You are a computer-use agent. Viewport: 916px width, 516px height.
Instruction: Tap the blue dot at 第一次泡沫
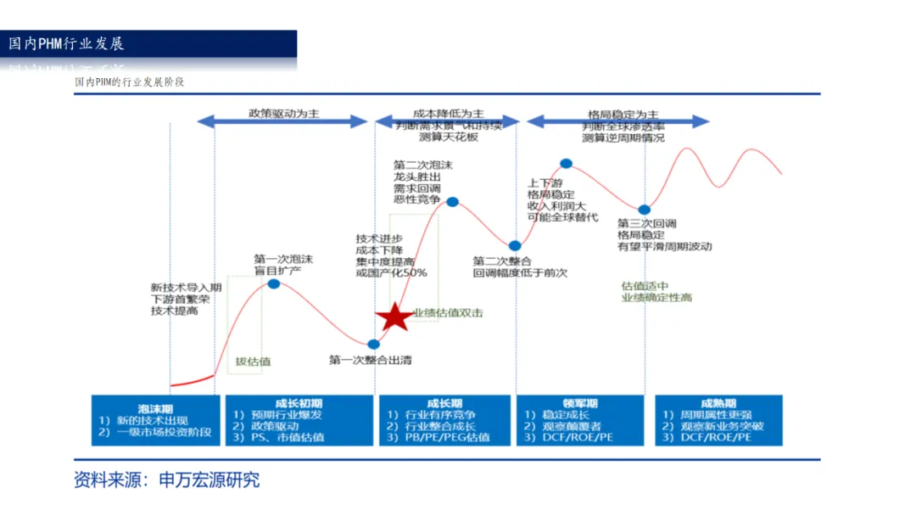tap(274, 283)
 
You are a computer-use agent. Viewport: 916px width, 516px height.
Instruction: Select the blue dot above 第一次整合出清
tap(374, 344)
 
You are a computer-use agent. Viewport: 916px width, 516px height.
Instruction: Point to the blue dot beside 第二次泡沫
tap(452, 202)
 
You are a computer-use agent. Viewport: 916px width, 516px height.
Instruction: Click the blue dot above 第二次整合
tap(515, 246)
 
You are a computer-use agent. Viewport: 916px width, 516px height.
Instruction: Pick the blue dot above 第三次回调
tap(645, 210)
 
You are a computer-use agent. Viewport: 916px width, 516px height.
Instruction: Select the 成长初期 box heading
tap(299, 403)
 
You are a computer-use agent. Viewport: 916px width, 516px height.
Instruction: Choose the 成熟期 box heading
tap(718, 403)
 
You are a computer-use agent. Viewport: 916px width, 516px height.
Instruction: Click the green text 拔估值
tap(254, 362)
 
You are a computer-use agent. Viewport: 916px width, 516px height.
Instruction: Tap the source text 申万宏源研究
tap(209, 480)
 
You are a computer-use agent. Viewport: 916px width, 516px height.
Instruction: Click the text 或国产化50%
tap(391, 273)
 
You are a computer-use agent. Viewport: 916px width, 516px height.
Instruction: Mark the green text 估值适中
tap(645, 286)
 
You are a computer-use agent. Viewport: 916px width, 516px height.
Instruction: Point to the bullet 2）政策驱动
tap(271, 426)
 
